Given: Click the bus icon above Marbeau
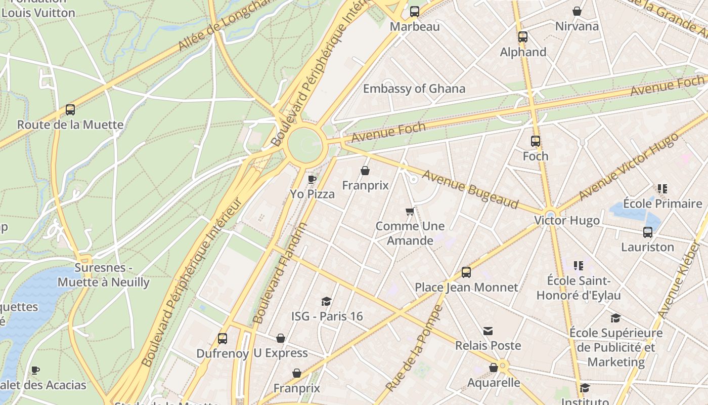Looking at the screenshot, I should point(415,11).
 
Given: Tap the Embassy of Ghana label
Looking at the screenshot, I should point(414,89).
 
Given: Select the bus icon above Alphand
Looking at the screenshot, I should point(523,37).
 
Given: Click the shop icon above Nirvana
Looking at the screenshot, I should point(577,11).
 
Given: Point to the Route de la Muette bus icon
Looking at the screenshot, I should point(70,110).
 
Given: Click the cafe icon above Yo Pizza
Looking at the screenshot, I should point(312,179).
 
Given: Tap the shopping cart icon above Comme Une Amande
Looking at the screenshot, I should point(410,211).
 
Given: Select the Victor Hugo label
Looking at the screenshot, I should point(567,221).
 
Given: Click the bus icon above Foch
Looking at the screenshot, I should point(536,141).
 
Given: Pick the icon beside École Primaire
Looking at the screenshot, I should point(662,189).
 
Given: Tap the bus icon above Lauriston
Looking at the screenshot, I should point(648,232).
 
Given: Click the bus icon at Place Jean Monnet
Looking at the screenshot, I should point(466,272).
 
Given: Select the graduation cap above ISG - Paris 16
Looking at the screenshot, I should point(327,302).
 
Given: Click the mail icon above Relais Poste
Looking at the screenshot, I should point(488,331).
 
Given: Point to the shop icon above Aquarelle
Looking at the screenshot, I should point(494,368).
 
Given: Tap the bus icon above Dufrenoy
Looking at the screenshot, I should point(222,339).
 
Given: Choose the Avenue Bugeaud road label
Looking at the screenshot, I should point(470,189).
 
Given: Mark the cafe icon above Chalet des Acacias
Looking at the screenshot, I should point(35,370).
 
